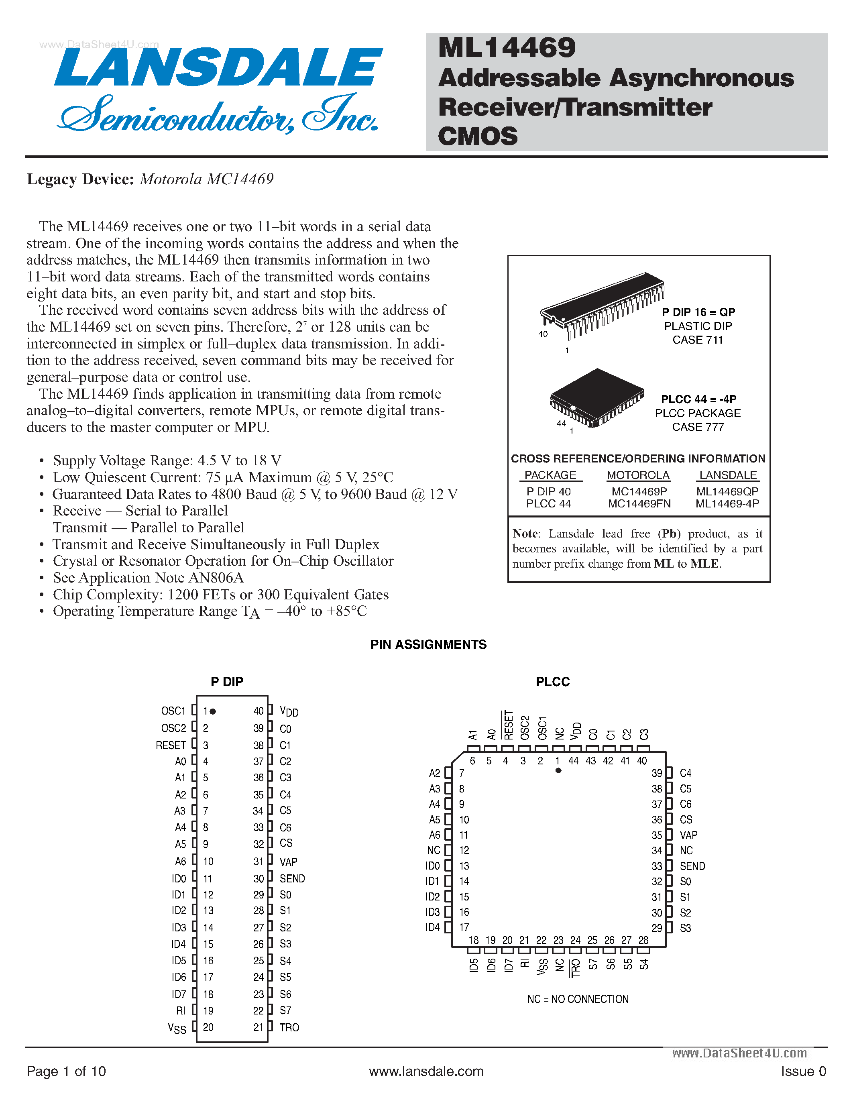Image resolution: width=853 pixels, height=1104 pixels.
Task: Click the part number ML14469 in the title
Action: (507, 48)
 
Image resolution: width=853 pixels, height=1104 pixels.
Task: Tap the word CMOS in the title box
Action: (478, 136)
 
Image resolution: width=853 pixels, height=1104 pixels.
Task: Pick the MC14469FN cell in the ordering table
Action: (639, 504)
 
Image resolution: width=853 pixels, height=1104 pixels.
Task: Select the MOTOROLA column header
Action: (638, 475)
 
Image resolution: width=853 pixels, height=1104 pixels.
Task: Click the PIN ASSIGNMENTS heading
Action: (428, 644)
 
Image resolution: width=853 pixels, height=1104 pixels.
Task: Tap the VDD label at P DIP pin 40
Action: (289, 711)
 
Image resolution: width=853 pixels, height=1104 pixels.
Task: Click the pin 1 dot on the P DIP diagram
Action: (213, 711)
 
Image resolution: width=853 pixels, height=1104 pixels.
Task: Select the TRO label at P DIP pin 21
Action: (289, 1028)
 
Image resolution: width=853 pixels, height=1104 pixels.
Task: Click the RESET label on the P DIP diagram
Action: (171, 745)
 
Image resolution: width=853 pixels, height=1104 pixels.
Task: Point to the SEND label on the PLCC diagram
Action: (692, 866)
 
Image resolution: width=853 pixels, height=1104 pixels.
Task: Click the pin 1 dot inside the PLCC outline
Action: (558, 771)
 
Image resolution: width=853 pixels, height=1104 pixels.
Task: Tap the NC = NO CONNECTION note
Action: (578, 999)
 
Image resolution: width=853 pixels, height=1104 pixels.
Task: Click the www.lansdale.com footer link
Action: (426, 1071)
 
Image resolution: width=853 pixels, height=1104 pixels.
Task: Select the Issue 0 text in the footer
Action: (803, 1071)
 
